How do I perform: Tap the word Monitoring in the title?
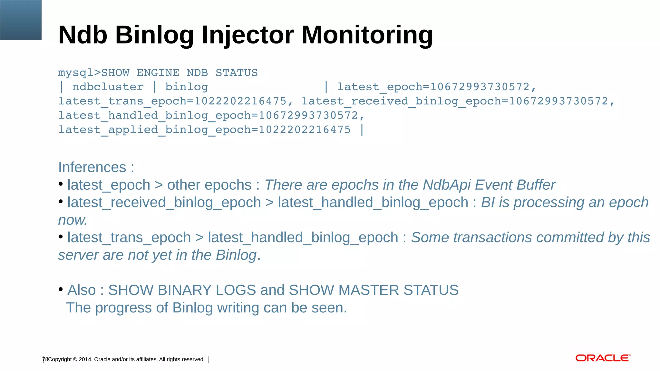click(x=367, y=35)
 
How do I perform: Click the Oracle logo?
click(x=603, y=358)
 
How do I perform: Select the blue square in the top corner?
click(x=21, y=20)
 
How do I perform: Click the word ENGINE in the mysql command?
click(x=158, y=73)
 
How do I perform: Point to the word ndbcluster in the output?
click(x=108, y=87)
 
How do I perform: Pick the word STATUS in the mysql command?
click(x=237, y=73)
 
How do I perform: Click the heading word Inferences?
click(x=92, y=167)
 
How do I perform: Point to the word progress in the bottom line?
click(x=123, y=308)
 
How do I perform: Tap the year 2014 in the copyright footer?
click(x=85, y=359)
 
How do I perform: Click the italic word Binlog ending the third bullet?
click(x=236, y=255)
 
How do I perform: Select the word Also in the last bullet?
click(x=82, y=290)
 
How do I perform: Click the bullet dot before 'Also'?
click(x=61, y=289)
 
